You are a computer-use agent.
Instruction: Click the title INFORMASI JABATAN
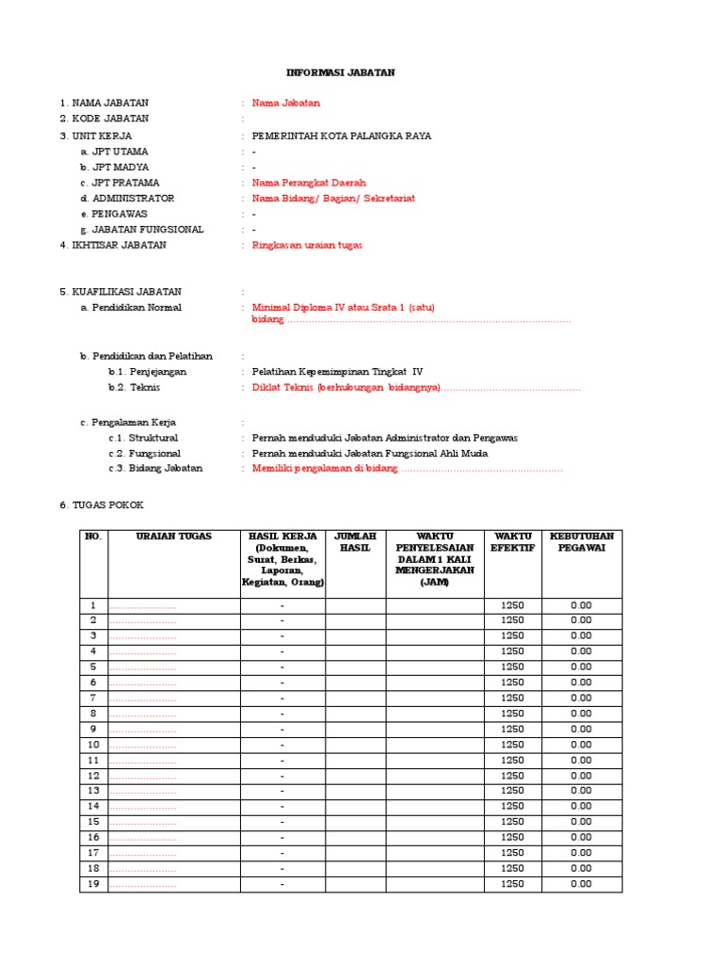[341, 72]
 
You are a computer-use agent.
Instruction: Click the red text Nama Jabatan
[286, 104]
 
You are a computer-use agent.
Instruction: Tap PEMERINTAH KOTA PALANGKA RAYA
[342, 136]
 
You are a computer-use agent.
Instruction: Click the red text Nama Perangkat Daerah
[309, 183]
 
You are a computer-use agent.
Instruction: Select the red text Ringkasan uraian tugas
[307, 245]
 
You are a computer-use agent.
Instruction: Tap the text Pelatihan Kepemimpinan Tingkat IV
[337, 372]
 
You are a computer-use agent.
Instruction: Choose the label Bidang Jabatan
[155, 468]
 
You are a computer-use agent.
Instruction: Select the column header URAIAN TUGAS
[174, 537]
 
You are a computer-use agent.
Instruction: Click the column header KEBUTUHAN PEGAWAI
[581, 542]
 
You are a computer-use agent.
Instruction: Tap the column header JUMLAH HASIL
[356, 542]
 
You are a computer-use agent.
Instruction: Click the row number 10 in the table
[93, 745]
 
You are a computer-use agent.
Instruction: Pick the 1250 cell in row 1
[512, 605]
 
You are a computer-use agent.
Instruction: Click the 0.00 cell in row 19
[581, 884]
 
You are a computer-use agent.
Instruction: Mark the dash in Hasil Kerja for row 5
[282, 667]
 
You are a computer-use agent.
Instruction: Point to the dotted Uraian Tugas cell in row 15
[144, 822]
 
